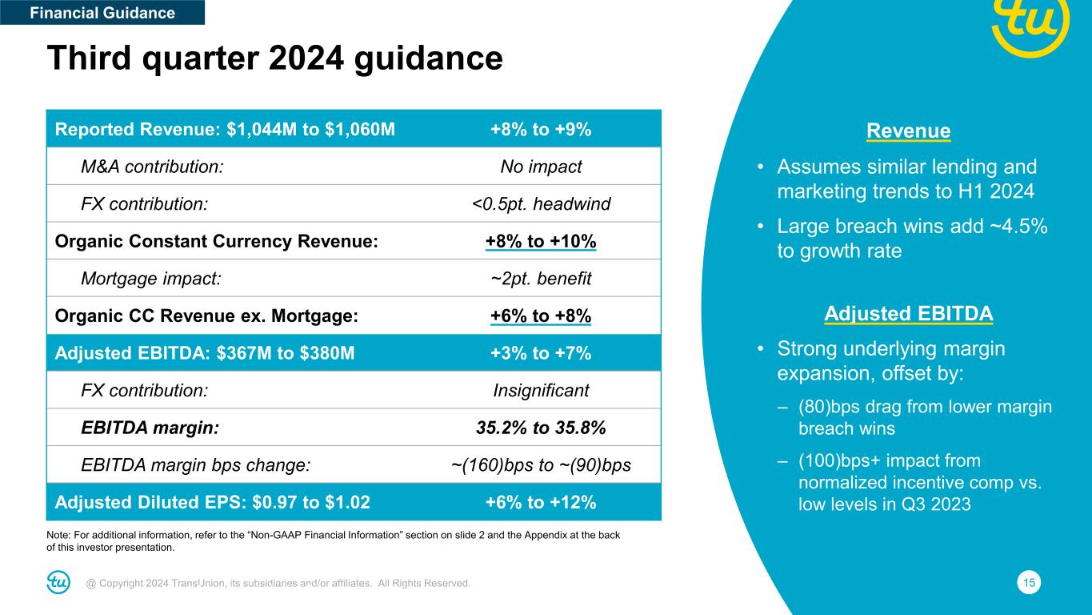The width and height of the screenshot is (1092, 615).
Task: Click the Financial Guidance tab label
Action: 102,13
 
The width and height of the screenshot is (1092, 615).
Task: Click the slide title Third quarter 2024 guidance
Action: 274,58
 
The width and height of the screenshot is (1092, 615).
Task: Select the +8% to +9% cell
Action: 540,130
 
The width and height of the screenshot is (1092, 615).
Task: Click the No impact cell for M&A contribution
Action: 540,167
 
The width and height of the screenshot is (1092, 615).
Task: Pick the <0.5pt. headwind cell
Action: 540,204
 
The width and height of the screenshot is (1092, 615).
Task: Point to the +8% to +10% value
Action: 540,242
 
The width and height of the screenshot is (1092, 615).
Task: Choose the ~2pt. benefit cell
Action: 540,279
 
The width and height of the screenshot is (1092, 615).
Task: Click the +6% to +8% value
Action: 540,316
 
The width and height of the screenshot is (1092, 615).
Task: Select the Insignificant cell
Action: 540,391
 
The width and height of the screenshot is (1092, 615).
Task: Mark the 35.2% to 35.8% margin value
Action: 540,428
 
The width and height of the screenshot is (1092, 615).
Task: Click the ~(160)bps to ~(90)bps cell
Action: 540,465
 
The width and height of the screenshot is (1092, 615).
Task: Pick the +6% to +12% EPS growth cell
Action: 540,502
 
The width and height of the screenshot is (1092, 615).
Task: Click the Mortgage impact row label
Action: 150,279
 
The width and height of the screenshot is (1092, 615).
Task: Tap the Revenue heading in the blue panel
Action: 908,131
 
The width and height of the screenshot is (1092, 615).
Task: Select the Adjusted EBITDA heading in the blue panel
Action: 908,314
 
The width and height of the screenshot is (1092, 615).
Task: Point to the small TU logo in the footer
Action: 58,583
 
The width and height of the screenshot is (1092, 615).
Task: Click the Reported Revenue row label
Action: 224,130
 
